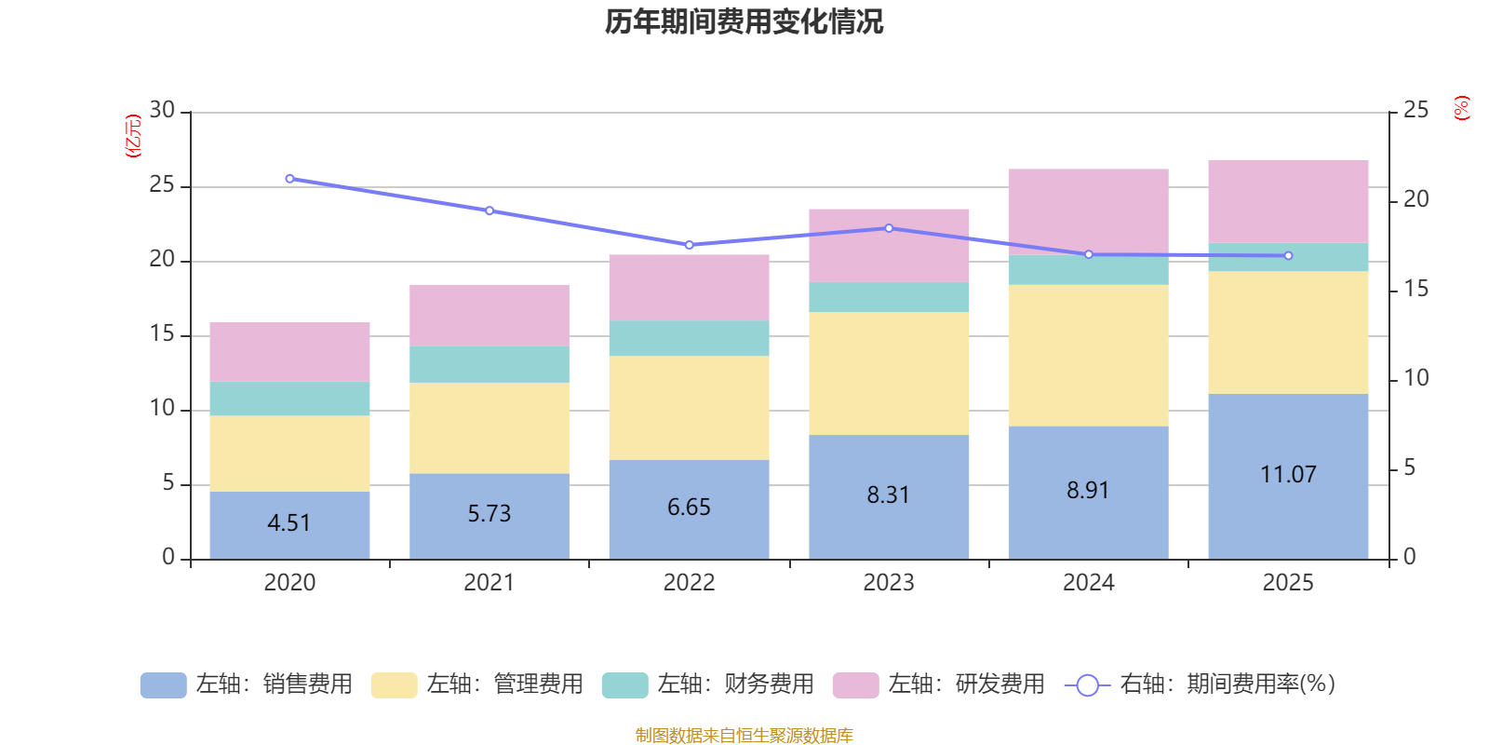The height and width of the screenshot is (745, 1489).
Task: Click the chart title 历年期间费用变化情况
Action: click(744, 21)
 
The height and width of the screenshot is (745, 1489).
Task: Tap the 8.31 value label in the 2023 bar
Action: click(888, 494)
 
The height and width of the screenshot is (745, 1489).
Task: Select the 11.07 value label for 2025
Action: click(1288, 474)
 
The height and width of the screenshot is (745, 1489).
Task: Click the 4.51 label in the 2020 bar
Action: click(288, 522)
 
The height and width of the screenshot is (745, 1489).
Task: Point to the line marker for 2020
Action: click(289, 178)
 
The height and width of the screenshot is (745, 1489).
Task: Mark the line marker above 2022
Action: click(689, 245)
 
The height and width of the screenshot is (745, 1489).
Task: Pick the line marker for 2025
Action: click(1288, 255)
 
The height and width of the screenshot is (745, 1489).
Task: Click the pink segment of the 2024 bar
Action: click(1088, 210)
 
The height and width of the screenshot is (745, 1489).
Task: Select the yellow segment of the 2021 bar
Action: click(489, 427)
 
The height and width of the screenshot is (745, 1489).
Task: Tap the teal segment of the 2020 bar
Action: click(289, 398)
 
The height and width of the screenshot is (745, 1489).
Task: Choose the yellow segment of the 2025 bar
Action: click(1288, 332)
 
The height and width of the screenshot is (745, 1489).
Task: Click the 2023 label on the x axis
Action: click(888, 583)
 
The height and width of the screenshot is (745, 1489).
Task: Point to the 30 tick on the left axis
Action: click(162, 111)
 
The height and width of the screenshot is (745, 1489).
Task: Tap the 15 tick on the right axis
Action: click(1415, 289)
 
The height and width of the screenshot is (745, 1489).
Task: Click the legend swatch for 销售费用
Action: click(163, 684)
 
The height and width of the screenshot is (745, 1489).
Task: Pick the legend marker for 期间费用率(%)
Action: click(1087, 684)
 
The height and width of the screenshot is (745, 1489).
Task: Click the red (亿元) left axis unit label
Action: click(133, 136)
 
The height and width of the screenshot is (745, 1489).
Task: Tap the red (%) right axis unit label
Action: click(1462, 108)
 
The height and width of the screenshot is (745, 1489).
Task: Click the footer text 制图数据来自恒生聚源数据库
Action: click(744, 736)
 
